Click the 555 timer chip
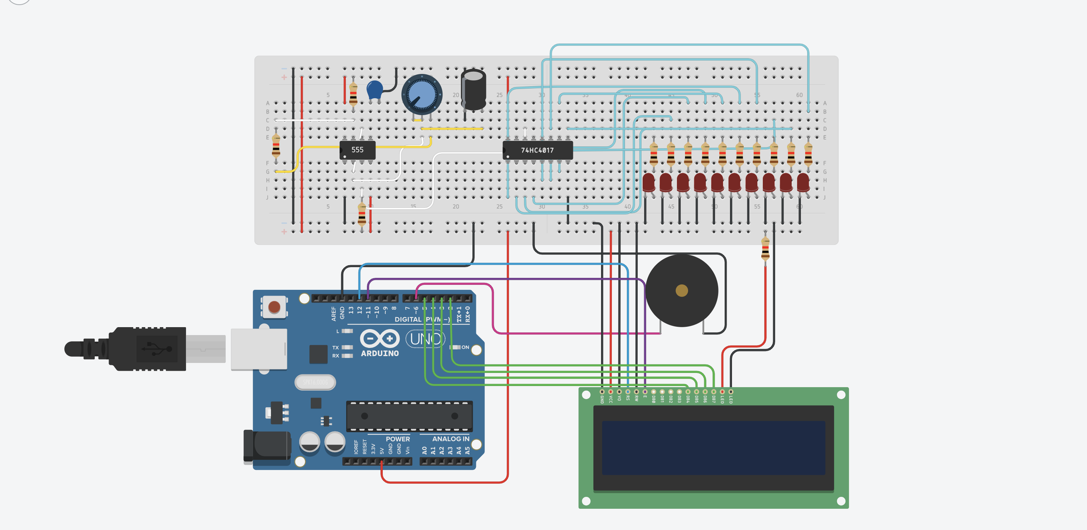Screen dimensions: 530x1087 (x=357, y=150)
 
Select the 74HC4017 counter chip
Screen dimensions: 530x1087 (x=538, y=150)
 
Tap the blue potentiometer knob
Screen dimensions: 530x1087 (x=422, y=95)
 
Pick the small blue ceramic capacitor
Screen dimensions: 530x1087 (x=375, y=90)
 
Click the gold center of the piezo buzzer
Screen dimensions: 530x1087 (x=682, y=291)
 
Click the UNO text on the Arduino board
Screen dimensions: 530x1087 (x=425, y=339)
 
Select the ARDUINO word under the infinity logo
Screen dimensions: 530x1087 (x=380, y=353)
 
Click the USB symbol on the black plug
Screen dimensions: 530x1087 (x=157, y=349)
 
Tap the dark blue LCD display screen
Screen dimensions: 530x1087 (x=713, y=448)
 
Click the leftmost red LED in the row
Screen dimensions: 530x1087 (x=649, y=182)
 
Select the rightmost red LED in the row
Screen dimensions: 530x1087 (x=803, y=182)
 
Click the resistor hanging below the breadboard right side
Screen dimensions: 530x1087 (x=765, y=248)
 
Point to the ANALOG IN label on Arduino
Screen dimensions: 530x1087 (x=450, y=439)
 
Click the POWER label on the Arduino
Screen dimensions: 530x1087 (x=398, y=439)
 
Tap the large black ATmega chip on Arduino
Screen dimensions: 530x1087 (x=409, y=416)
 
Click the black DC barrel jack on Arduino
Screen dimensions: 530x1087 (x=267, y=447)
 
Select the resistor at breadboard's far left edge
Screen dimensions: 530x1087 (x=276, y=145)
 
